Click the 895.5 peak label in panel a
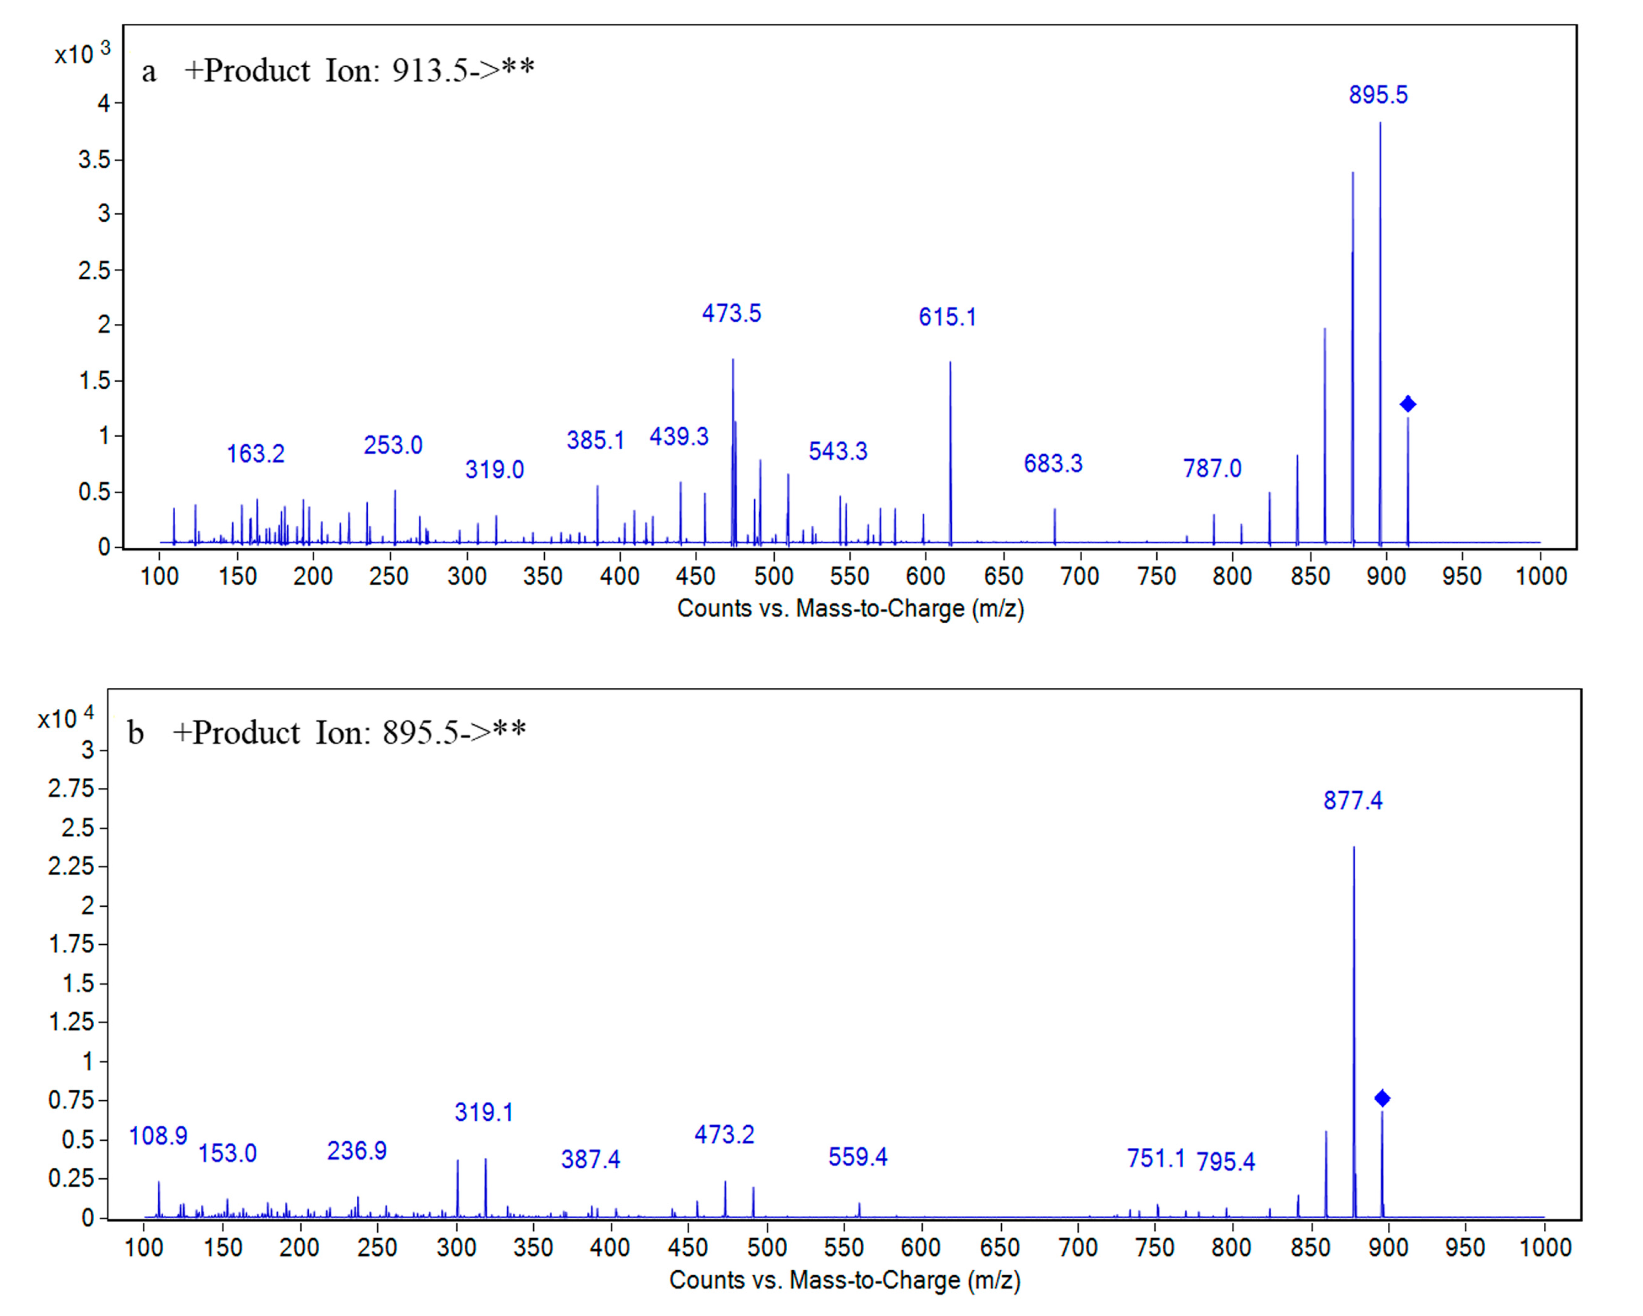pyautogui.click(x=1378, y=95)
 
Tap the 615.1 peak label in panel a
pyautogui.click(x=946, y=317)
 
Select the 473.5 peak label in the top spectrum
pyautogui.click(x=731, y=313)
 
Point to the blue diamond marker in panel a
pyautogui.click(x=1407, y=404)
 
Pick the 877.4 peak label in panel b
pyautogui.click(x=1353, y=800)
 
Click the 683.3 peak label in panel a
pyautogui.click(x=1052, y=463)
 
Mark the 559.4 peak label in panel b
pyautogui.click(x=857, y=1157)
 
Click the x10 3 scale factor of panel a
pyautogui.click(x=82, y=53)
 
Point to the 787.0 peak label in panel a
pyautogui.click(x=1212, y=468)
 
